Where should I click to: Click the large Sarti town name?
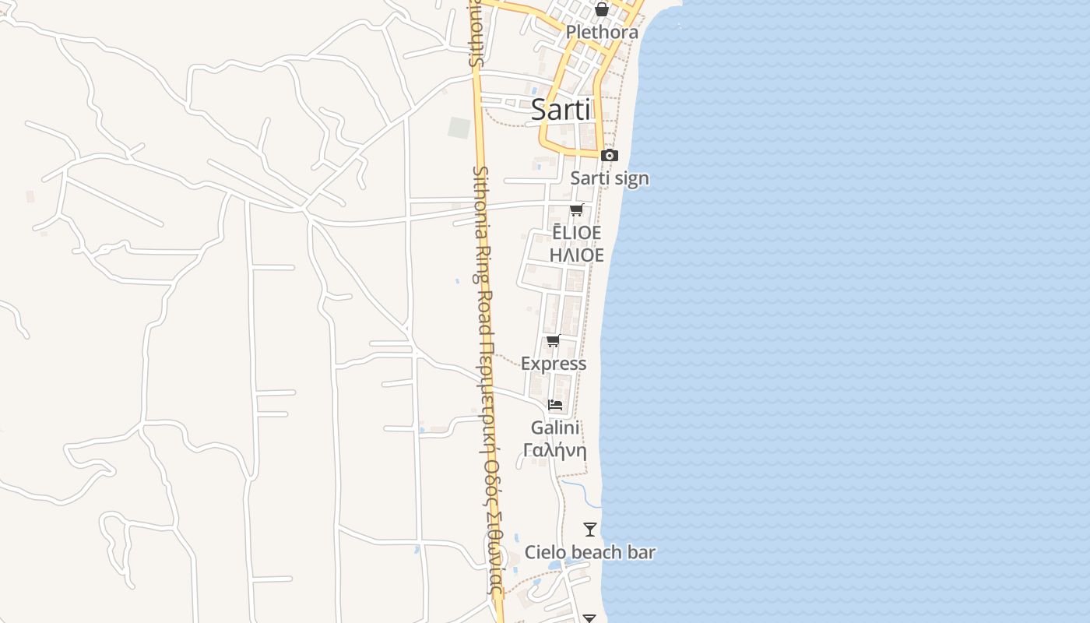[561, 110]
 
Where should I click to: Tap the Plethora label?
[602, 32]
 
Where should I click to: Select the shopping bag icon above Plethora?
[601, 9]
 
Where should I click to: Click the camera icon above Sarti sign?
[610, 155]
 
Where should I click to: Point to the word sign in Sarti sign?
[631, 178]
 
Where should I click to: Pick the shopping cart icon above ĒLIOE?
[576, 209]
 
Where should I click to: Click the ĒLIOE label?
[576, 233]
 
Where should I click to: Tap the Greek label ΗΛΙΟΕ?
[576, 255]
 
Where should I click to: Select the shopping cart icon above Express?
[554, 340]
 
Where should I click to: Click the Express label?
[554, 364]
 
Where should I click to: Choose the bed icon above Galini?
[555, 404]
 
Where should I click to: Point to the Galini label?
[555, 428]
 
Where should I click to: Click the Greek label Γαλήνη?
[555, 450]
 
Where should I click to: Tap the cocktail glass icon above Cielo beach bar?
[590, 530]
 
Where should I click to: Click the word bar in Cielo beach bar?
[642, 552]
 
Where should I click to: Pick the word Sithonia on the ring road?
[480, 199]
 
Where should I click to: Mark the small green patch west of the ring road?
[459, 128]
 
